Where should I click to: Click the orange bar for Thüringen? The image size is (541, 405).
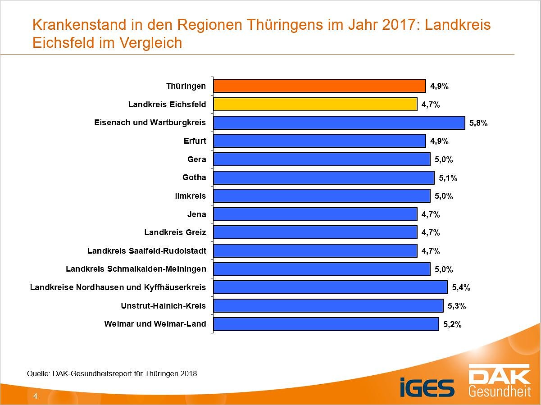point(319,86)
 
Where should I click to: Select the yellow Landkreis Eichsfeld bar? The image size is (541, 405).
point(315,105)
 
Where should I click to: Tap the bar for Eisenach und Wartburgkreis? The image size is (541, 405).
point(339,123)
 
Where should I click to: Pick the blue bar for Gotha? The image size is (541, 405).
point(323,177)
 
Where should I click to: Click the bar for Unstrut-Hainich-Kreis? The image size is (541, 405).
point(328,306)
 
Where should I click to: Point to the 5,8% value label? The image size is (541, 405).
point(478,123)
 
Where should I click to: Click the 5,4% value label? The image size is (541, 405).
point(461,287)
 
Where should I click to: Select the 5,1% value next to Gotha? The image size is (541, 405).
point(448,178)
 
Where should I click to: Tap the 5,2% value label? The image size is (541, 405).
point(453,324)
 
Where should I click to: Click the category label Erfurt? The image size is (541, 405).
point(195,141)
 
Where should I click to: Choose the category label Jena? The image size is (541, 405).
point(196,214)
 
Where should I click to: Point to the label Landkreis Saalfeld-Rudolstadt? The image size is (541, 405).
point(146,251)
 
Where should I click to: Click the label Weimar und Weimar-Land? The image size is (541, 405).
point(155,324)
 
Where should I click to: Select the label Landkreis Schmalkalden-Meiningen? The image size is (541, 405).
point(136,269)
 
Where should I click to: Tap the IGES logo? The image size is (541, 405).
point(427,388)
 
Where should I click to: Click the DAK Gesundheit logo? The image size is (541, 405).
point(500,381)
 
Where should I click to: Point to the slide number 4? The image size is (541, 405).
point(35,396)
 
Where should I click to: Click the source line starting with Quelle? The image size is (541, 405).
point(112,373)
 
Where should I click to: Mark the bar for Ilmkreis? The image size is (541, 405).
point(322,196)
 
